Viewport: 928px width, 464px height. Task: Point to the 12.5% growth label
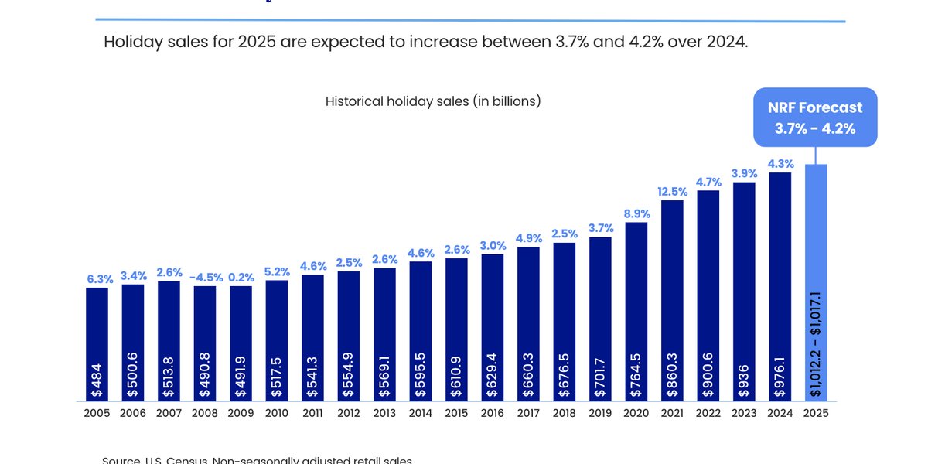tap(672, 192)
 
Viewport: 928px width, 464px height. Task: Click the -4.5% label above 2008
tap(205, 277)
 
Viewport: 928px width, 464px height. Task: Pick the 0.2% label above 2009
tap(241, 277)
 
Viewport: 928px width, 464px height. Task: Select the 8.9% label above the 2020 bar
tap(636, 213)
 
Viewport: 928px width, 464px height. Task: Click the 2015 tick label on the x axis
tap(456, 413)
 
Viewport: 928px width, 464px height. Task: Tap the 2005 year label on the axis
tap(97, 413)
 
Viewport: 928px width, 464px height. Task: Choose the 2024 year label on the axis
tap(780, 413)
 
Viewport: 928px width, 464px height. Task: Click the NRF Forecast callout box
tap(815, 118)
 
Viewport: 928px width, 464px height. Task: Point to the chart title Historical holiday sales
tap(432, 101)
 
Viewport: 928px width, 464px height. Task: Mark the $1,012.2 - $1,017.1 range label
tap(816, 344)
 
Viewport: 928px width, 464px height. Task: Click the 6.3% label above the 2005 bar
tap(100, 279)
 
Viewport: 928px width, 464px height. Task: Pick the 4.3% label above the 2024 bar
tap(780, 164)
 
